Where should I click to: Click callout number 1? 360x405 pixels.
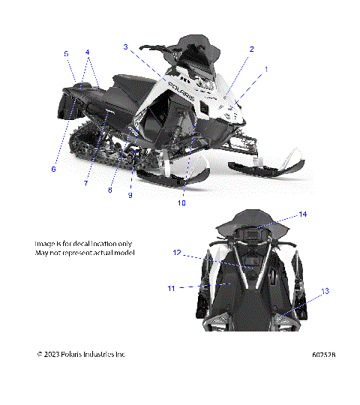(x=265, y=69)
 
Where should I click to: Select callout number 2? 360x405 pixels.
(x=251, y=49)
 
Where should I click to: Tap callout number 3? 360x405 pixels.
(x=126, y=46)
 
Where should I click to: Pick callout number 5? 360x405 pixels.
(x=66, y=53)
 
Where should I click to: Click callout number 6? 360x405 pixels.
(x=53, y=169)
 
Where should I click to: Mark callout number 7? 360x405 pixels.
(x=86, y=183)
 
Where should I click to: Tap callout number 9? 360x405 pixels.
(x=130, y=196)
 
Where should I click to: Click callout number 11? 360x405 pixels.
(x=171, y=287)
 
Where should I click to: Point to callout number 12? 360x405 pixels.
(x=178, y=253)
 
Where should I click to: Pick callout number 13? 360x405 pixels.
(x=325, y=290)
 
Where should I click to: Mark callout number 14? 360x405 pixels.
(x=303, y=214)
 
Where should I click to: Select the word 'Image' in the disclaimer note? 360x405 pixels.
(x=46, y=244)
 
